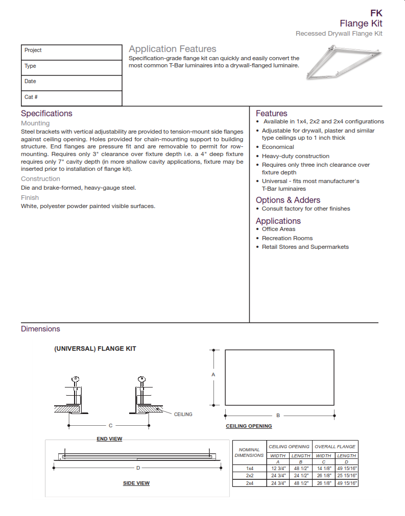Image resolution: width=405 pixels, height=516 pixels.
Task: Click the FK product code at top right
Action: pyautogui.click(x=376, y=13)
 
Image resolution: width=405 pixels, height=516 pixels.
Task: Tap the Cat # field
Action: pyautogui.click(x=72, y=97)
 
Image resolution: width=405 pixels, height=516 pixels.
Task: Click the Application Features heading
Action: pyautogui.click(x=172, y=49)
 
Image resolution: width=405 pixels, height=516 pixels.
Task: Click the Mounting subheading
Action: pyautogui.click(x=35, y=123)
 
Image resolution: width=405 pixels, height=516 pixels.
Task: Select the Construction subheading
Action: pyautogui.click(x=40, y=179)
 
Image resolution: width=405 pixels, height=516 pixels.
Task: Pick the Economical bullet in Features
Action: pyautogui.click(x=278, y=147)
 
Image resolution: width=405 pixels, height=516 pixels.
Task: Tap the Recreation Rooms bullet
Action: pyautogui.click(x=287, y=238)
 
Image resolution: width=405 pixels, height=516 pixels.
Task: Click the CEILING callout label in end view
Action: pyautogui.click(x=183, y=415)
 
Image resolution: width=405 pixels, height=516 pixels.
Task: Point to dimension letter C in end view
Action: pyautogui.click(x=110, y=425)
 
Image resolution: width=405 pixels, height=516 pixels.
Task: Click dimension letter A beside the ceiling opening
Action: pyautogui.click(x=213, y=374)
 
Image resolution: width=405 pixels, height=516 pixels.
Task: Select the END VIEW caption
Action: pyautogui.click(x=109, y=439)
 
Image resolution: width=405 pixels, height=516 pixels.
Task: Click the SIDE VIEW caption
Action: pyautogui.click(x=136, y=483)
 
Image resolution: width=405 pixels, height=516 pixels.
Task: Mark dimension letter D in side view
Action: pyautogui.click(x=138, y=468)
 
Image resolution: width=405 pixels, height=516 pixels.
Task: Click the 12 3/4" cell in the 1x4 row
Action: pyautogui.click(x=278, y=468)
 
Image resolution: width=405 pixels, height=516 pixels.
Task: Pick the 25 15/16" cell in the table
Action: pyautogui.click(x=346, y=475)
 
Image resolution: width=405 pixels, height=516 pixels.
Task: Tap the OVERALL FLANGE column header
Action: pyautogui.click(x=335, y=447)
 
